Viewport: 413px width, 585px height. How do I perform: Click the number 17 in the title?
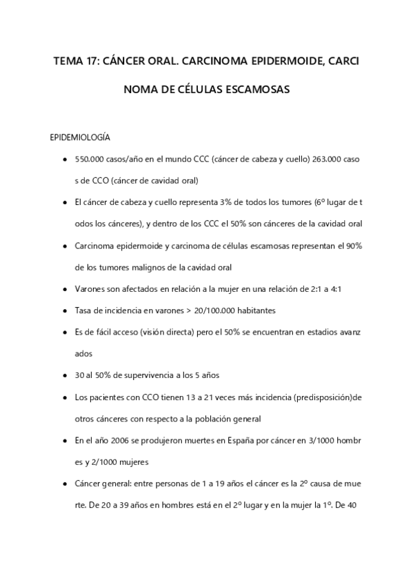[x=92, y=61]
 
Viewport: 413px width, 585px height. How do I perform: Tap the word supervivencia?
[x=145, y=375]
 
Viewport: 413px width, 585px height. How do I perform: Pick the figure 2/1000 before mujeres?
[x=104, y=461]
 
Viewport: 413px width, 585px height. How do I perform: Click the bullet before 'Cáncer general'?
[x=64, y=483]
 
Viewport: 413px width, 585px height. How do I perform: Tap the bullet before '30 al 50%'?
[x=64, y=375]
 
